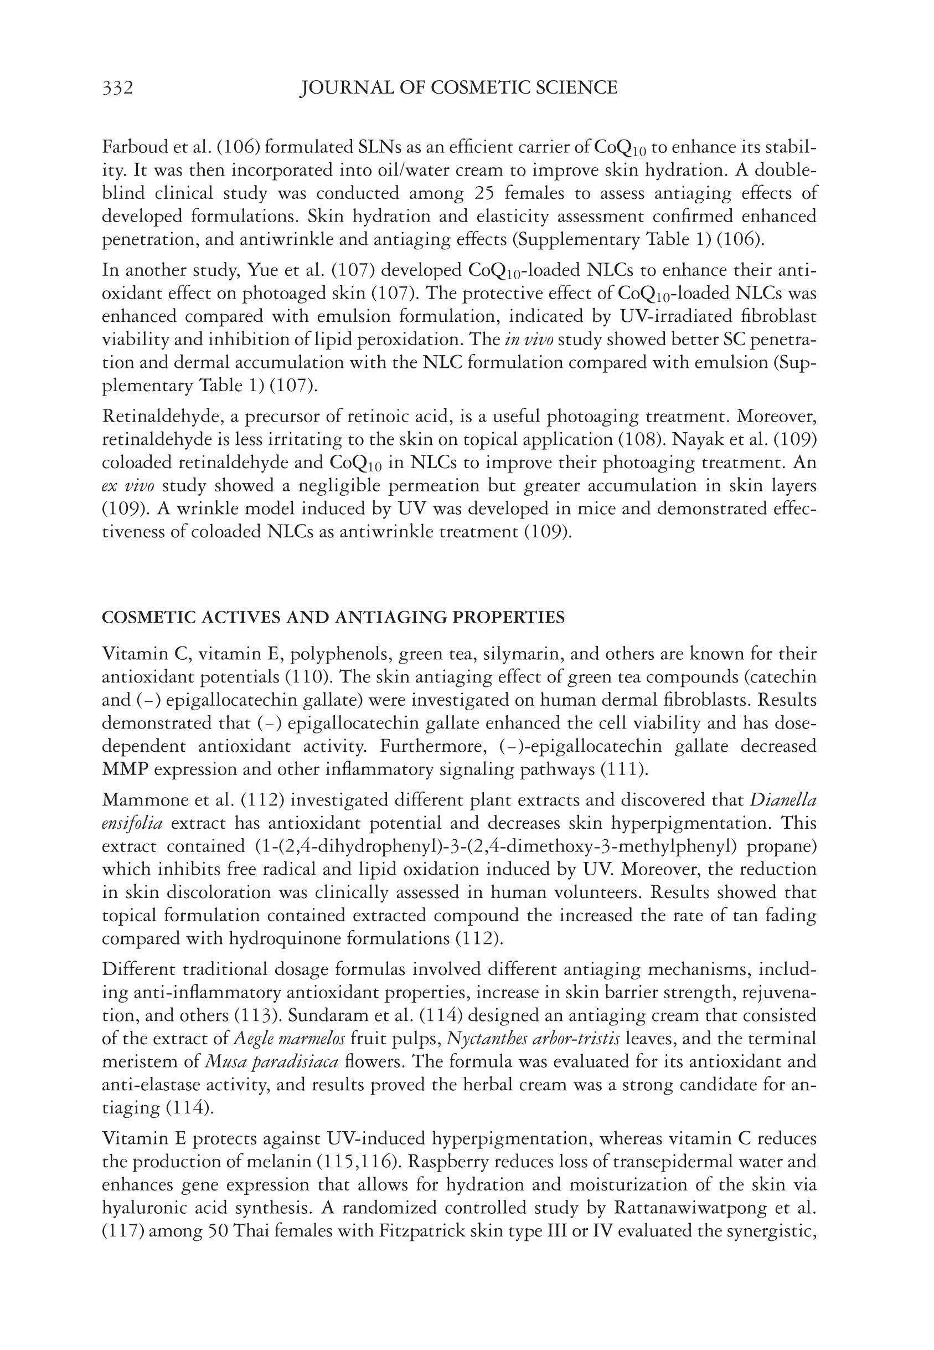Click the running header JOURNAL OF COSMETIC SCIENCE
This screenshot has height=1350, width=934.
tap(458, 88)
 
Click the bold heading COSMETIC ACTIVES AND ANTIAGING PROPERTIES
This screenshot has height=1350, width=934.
tap(333, 618)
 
